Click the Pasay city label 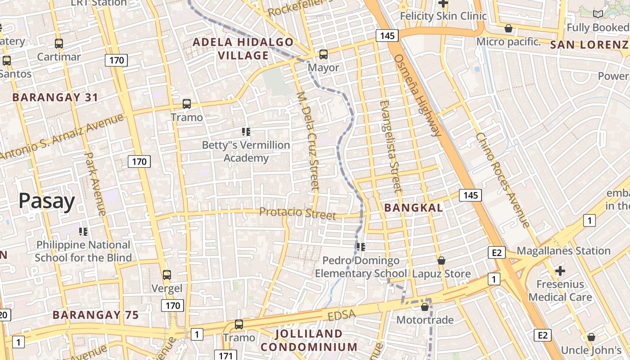click(47, 201)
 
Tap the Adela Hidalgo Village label click(243, 49)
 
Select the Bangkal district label click(414, 208)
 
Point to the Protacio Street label click(297, 213)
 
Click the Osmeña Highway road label click(418, 95)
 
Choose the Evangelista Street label click(390, 146)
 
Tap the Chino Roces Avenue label click(503, 180)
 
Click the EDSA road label click(342, 315)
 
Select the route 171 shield click(225, 355)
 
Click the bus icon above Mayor click(323, 54)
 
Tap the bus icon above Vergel click(167, 274)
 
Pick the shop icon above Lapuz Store click(441, 261)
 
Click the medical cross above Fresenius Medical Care click(560, 271)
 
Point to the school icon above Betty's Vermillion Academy click(246, 132)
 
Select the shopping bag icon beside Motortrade click(424, 307)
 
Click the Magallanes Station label click(563, 251)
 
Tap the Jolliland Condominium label click(309, 340)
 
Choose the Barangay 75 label click(95, 315)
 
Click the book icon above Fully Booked click(598, 14)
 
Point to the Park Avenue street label click(95, 184)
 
